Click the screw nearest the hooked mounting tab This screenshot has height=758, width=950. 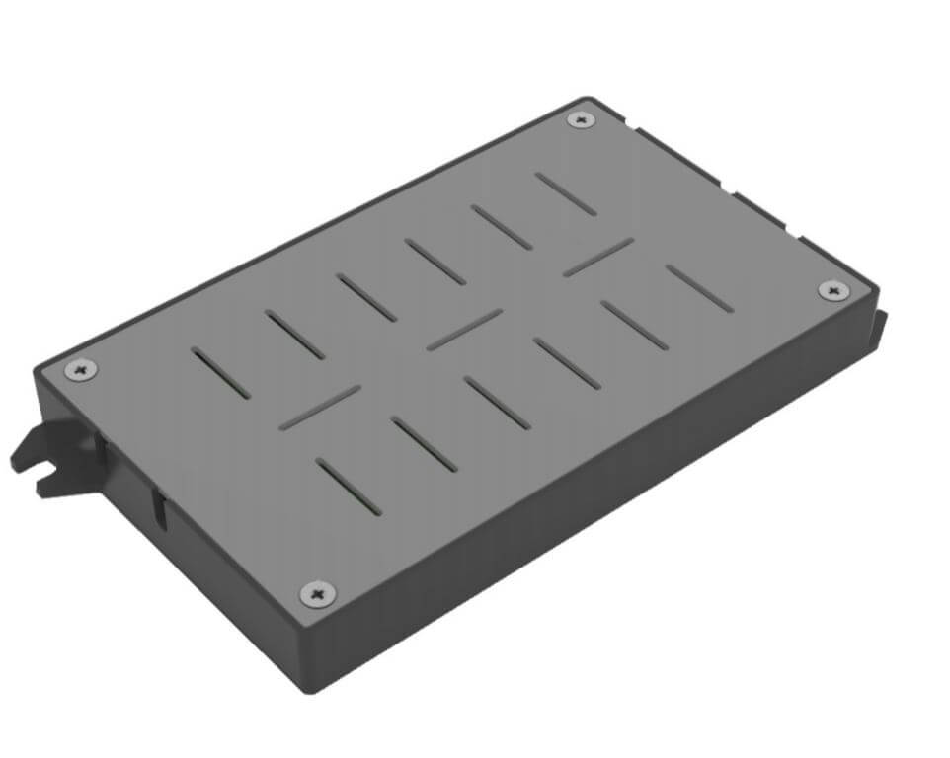[81, 370]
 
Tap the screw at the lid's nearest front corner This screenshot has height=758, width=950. [316, 593]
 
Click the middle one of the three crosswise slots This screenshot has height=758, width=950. [464, 330]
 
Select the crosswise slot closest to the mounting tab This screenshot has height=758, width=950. [320, 408]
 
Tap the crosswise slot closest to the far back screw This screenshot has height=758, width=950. [598, 257]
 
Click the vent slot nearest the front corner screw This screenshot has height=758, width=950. [348, 487]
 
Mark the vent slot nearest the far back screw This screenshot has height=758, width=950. [566, 194]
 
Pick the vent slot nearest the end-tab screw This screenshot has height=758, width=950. [699, 288]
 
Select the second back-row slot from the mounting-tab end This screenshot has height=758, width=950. [294, 335]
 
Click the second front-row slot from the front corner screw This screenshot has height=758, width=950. [424, 444]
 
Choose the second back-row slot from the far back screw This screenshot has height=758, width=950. [502, 227]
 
